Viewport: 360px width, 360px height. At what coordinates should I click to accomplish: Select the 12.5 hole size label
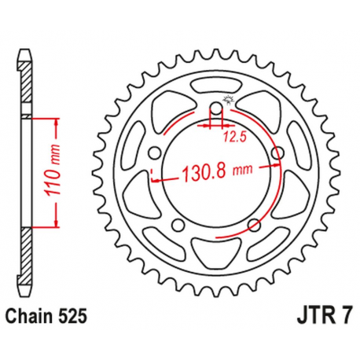tap(230, 136)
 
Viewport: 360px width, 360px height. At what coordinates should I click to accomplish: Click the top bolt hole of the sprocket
tap(219, 108)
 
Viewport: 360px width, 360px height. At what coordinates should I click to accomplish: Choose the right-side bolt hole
tap(277, 152)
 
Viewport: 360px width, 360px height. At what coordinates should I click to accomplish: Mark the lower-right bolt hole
tap(254, 225)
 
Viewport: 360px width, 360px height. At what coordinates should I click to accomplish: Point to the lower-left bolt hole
tap(180, 224)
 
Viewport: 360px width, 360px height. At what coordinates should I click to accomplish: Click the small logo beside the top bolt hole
tap(230, 98)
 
